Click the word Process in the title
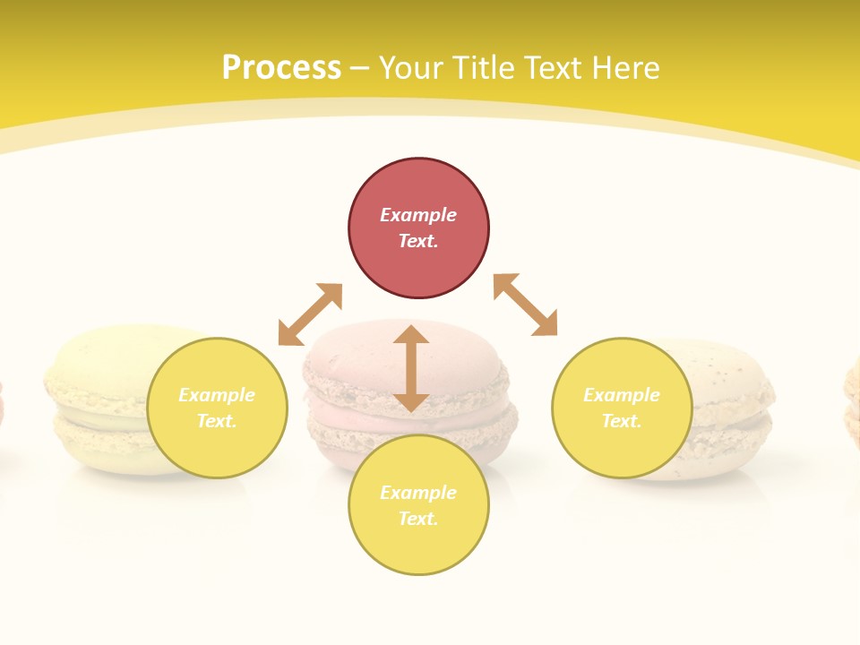pyautogui.click(x=281, y=68)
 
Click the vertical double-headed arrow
pyautogui.click(x=411, y=368)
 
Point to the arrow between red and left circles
pyautogui.click(x=310, y=314)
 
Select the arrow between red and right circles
pyautogui.click(x=525, y=305)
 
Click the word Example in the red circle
pyautogui.click(x=418, y=215)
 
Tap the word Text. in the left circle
pyautogui.click(x=217, y=421)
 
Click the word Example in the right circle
pyautogui.click(x=622, y=395)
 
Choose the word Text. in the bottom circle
pyautogui.click(x=418, y=519)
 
